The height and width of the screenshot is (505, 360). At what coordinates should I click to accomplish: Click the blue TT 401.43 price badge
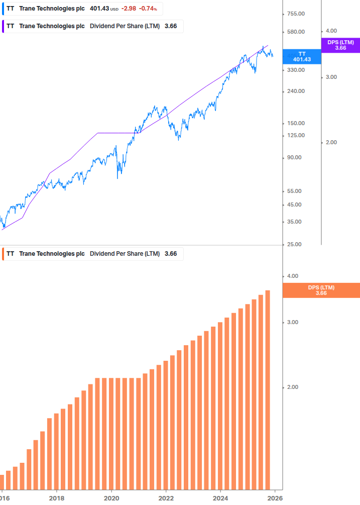point(302,56)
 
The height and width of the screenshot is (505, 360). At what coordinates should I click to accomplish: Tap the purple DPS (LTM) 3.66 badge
point(340,45)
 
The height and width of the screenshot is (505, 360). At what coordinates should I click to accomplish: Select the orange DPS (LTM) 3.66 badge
point(321,290)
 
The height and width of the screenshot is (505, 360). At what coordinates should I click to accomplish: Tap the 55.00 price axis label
point(296,191)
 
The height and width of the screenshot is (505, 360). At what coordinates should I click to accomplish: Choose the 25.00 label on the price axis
point(296,244)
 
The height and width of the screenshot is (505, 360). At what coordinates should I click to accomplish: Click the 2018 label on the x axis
point(57,497)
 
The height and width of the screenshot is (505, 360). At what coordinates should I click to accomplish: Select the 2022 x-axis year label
point(166,497)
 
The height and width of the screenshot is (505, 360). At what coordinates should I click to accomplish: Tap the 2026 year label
point(275,497)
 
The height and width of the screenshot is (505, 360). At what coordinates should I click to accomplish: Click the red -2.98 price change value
point(129,9)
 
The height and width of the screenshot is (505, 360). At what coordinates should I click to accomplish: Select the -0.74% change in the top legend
point(148,9)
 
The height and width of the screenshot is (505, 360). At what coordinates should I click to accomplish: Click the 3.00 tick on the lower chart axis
point(292,322)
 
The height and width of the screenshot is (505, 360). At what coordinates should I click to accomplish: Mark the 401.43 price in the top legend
point(99,9)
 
